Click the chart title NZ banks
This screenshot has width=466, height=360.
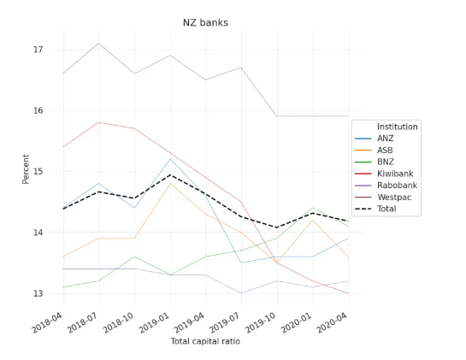[205, 22]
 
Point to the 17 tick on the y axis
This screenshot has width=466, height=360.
[38, 50]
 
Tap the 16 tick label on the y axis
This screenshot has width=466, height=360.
[38, 110]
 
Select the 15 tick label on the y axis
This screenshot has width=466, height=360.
[38, 171]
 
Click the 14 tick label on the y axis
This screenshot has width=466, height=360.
[38, 233]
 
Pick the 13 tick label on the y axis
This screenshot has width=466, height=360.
[38, 293]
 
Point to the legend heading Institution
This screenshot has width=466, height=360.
[397, 127]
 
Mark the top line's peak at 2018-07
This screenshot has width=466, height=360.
[99, 43]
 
